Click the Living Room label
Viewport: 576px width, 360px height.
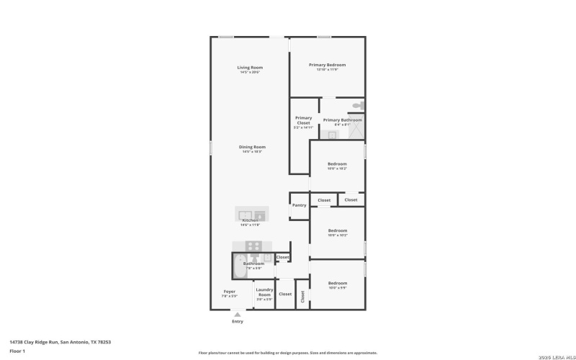tap(250, 68)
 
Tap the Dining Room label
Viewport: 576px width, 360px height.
tap(252, 147)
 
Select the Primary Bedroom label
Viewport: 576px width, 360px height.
tap(327, 65)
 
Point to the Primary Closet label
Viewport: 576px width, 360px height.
tap(303, 120)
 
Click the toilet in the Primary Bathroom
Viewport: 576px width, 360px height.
tap(357, 107)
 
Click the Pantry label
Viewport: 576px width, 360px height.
tap(299, 205)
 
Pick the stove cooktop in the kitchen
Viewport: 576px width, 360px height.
tap(253, 246)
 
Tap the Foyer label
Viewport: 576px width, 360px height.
tap(229, 292)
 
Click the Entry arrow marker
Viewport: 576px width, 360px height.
tap(237, 313)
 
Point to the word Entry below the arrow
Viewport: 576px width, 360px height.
tap(237, 321)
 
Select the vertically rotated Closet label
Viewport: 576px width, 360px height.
tap(302, 295)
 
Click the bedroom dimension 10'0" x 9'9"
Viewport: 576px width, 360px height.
tap(337, 287)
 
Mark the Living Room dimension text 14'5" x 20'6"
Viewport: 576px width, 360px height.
tap(250, 72)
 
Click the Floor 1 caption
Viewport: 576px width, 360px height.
tap(17, 351)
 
